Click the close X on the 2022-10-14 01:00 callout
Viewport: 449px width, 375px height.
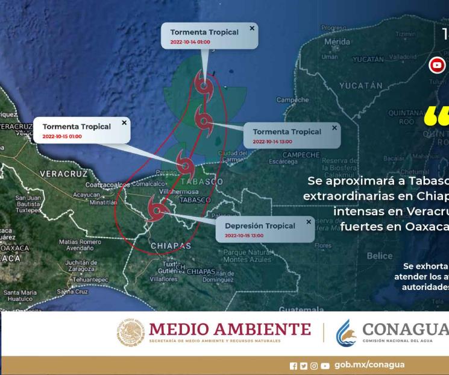tap(252, 28)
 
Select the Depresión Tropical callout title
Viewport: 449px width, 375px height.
tap(260, 226)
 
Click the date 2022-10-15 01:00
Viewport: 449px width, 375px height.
tap(62, 136)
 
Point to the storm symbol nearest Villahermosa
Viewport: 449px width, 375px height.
tap(184, 163)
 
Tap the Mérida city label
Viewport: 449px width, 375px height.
tap(337, 42)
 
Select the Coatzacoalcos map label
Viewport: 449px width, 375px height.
tap(108, 184)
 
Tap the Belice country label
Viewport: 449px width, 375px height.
tap(379, 256)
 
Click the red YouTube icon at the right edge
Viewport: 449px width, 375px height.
tap(437, 65)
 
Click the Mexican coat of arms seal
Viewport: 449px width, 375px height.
tap(131, 333)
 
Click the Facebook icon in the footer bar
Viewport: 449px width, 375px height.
tap(294, 365)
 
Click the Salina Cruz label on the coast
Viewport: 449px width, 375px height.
tap(72, 291)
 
